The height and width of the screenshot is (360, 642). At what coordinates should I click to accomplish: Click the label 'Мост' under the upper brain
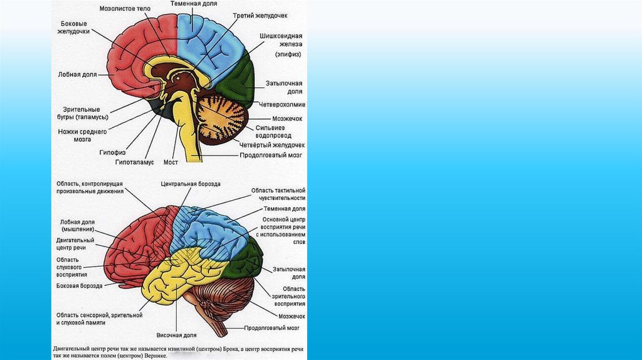pos(171,162)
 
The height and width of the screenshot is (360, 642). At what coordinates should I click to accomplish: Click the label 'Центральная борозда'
pos(191,184)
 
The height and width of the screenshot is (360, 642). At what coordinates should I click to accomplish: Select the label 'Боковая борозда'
pos(79,285)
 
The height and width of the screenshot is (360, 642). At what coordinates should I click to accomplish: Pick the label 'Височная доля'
pos(177,335)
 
